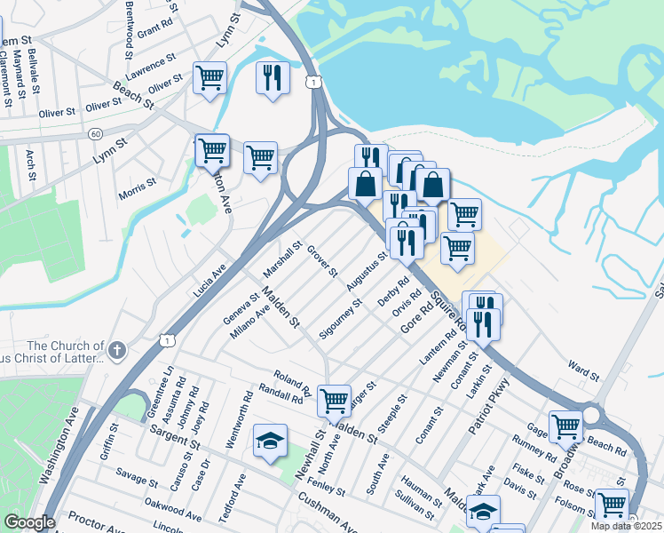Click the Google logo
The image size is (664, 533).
28,522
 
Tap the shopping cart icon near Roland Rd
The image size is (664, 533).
334,400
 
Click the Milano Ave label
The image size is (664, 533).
249,323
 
